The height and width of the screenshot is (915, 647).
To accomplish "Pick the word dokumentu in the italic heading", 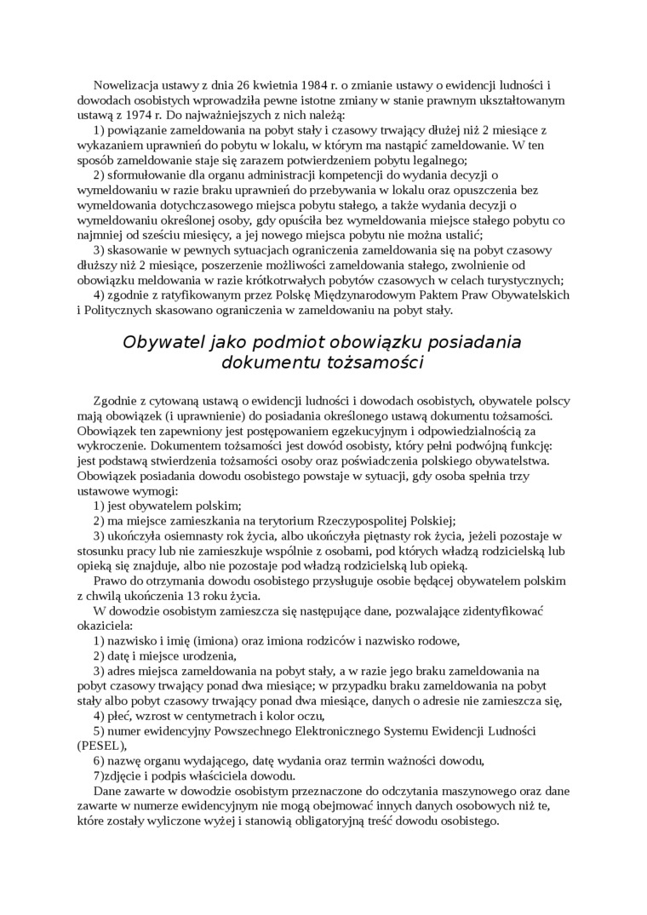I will [x=269, y=363].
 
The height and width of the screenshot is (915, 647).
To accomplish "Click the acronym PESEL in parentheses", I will [x=100, y=745].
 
